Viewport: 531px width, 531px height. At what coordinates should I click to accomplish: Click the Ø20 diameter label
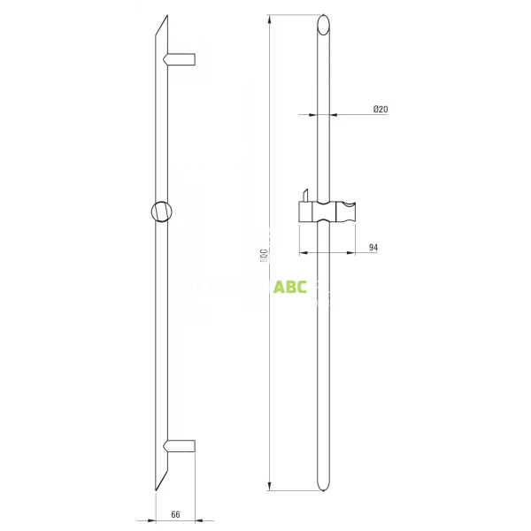(381, 109)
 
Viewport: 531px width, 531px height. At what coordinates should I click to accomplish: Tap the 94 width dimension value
(373, 248)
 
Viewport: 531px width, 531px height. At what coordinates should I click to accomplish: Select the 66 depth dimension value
(175, 513)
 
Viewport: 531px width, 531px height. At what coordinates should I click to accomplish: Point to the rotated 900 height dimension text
(264, 255)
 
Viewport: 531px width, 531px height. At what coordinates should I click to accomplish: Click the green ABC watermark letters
(290, 288)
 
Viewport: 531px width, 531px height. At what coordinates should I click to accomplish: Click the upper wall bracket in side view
(181, 59)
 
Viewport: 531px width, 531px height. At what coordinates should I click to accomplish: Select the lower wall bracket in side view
(181, 446)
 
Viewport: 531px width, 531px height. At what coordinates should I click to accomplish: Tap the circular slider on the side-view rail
(163, 212)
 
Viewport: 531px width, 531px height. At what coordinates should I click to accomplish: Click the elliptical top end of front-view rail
(324, 24)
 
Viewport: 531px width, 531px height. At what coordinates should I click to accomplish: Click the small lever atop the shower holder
(304, 195)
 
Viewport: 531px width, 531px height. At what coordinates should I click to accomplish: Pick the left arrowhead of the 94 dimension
(302, 252)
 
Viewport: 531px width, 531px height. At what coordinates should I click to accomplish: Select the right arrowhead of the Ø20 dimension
(335, 114)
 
